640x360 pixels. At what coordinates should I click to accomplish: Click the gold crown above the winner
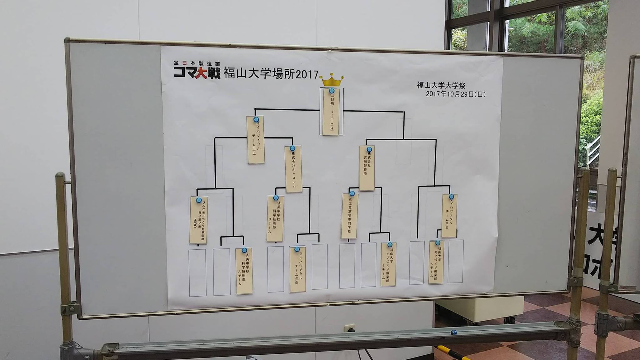click(332, 81)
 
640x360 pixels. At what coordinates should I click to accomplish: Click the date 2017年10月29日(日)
click(456, 94)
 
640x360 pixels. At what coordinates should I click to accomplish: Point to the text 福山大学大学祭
click(441, 85)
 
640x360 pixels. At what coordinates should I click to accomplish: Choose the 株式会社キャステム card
click(294, 169)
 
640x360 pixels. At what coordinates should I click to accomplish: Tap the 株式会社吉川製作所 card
click(367, 168)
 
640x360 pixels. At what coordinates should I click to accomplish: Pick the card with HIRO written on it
click(198, 220)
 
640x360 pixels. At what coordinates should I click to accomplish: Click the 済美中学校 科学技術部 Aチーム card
click(244, 271)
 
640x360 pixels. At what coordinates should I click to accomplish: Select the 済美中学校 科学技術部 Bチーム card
click(275, 218)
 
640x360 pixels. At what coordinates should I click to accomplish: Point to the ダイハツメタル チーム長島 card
click(297, 269)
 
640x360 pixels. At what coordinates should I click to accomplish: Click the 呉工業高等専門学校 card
click(349, 216)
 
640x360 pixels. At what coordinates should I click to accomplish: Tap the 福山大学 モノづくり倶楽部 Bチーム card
click(388, 264)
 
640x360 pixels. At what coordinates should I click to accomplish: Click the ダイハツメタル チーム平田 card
click(449, 216)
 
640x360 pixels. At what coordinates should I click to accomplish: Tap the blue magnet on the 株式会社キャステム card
click(292, 148)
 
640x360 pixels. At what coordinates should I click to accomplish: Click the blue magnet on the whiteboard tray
click(453, 331)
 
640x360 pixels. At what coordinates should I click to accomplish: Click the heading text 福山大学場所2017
click(271, 74)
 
